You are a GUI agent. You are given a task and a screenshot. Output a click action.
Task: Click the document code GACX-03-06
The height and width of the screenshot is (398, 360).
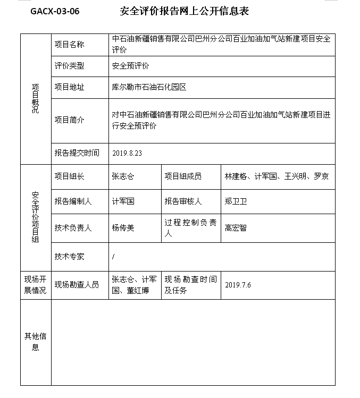click(55, 11)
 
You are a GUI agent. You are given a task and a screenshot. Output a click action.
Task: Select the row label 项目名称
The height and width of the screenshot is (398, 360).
click(69, 45)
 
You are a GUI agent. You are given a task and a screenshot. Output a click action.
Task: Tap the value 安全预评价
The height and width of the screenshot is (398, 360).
click(130, 66)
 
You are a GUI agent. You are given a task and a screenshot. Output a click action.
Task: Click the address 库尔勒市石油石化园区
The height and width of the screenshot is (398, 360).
click(149, 87)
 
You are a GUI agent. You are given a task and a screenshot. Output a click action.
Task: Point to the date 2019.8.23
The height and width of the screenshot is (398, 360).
click(127, 153)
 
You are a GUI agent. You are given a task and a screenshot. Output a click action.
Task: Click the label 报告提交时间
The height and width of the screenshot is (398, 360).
click(77, 153)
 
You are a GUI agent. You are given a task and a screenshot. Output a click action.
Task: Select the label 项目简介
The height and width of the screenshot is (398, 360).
click(69, 120)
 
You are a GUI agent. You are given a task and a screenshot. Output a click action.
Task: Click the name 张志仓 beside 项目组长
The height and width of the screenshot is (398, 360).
click(123, 176)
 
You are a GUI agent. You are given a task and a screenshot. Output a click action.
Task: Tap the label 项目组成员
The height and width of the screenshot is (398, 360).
click(183, 176)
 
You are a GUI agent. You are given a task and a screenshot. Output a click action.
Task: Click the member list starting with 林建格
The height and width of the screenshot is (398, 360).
click(277, 176)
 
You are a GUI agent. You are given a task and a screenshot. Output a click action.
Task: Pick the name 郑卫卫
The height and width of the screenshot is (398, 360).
click(236, 202)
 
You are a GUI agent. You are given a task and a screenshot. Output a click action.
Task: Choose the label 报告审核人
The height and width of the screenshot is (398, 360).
click(183, 202)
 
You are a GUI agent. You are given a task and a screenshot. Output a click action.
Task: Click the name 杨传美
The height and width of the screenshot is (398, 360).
click(123, 228)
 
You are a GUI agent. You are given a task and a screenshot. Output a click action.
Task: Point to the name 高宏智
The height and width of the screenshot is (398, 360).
click(236, 228)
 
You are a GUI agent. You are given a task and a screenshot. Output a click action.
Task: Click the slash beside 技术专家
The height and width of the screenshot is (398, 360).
click(113, 257)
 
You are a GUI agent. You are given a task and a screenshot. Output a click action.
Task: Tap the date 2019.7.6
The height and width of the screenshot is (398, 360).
click(238, 285)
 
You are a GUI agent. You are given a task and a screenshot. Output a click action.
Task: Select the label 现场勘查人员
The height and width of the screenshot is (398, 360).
click(77, 285)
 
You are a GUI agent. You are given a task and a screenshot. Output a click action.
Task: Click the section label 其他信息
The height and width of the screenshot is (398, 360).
click(35, 342)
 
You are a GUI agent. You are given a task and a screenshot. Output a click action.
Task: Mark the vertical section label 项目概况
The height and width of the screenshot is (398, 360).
click(35, 99)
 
